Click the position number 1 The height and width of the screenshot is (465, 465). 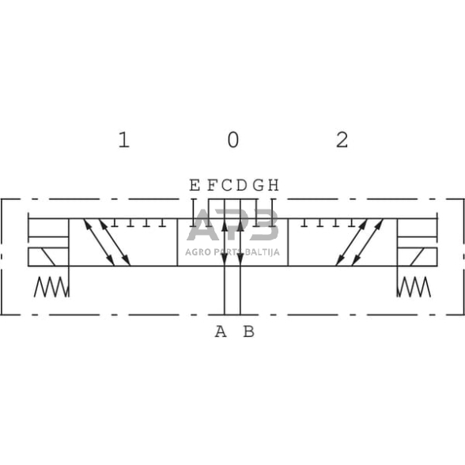(x=124, y=140)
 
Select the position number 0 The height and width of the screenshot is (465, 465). (x=233, y=140)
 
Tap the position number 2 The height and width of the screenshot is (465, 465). (x=342, y=140)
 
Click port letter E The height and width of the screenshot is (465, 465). (x=195, y=185)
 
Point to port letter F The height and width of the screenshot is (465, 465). (x=212, y=185)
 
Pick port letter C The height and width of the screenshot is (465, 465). (x=227, y=185)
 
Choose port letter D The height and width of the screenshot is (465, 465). (x=242, y=185)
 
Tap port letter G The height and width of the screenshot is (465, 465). (x=259, y=185)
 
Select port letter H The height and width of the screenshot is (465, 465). (x=274, y=185)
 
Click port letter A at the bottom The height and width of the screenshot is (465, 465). (x=221, y=331)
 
